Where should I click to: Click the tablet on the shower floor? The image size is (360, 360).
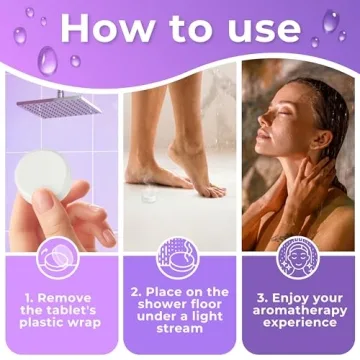(149, 196)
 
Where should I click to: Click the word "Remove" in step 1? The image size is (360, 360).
(70, 298)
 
